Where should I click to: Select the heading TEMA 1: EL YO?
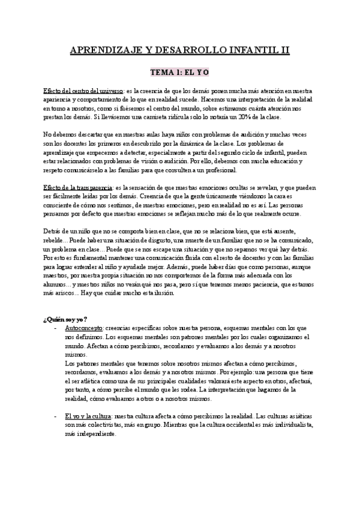coord(179,71)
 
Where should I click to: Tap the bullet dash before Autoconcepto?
coord(56,328)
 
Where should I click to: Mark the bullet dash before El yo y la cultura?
coord(56,416)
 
